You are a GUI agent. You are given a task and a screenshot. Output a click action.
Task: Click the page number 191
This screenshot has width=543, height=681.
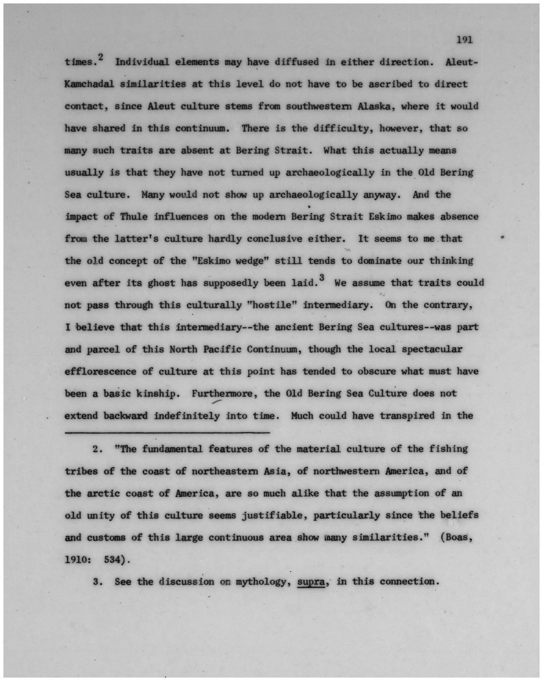coord(464,40)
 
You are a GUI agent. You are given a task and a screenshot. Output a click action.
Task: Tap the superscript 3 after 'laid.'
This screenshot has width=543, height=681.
coord(322,279)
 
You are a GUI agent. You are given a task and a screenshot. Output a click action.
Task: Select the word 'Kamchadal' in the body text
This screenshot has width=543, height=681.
coord(89,84)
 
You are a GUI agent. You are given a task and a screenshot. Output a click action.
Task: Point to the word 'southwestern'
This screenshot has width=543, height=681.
coord(318,107)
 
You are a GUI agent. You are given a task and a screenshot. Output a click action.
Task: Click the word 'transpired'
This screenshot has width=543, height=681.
coord(407,416)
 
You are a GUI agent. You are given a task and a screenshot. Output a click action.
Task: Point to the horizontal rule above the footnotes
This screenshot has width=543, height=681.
coord(167,434)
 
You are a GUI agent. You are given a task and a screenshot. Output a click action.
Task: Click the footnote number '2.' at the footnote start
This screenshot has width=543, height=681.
coord(97,449)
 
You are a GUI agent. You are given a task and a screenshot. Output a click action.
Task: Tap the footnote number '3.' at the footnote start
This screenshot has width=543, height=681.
coord(97,582)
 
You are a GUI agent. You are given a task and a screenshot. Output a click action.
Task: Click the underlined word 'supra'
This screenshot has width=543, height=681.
coord(311,582)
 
